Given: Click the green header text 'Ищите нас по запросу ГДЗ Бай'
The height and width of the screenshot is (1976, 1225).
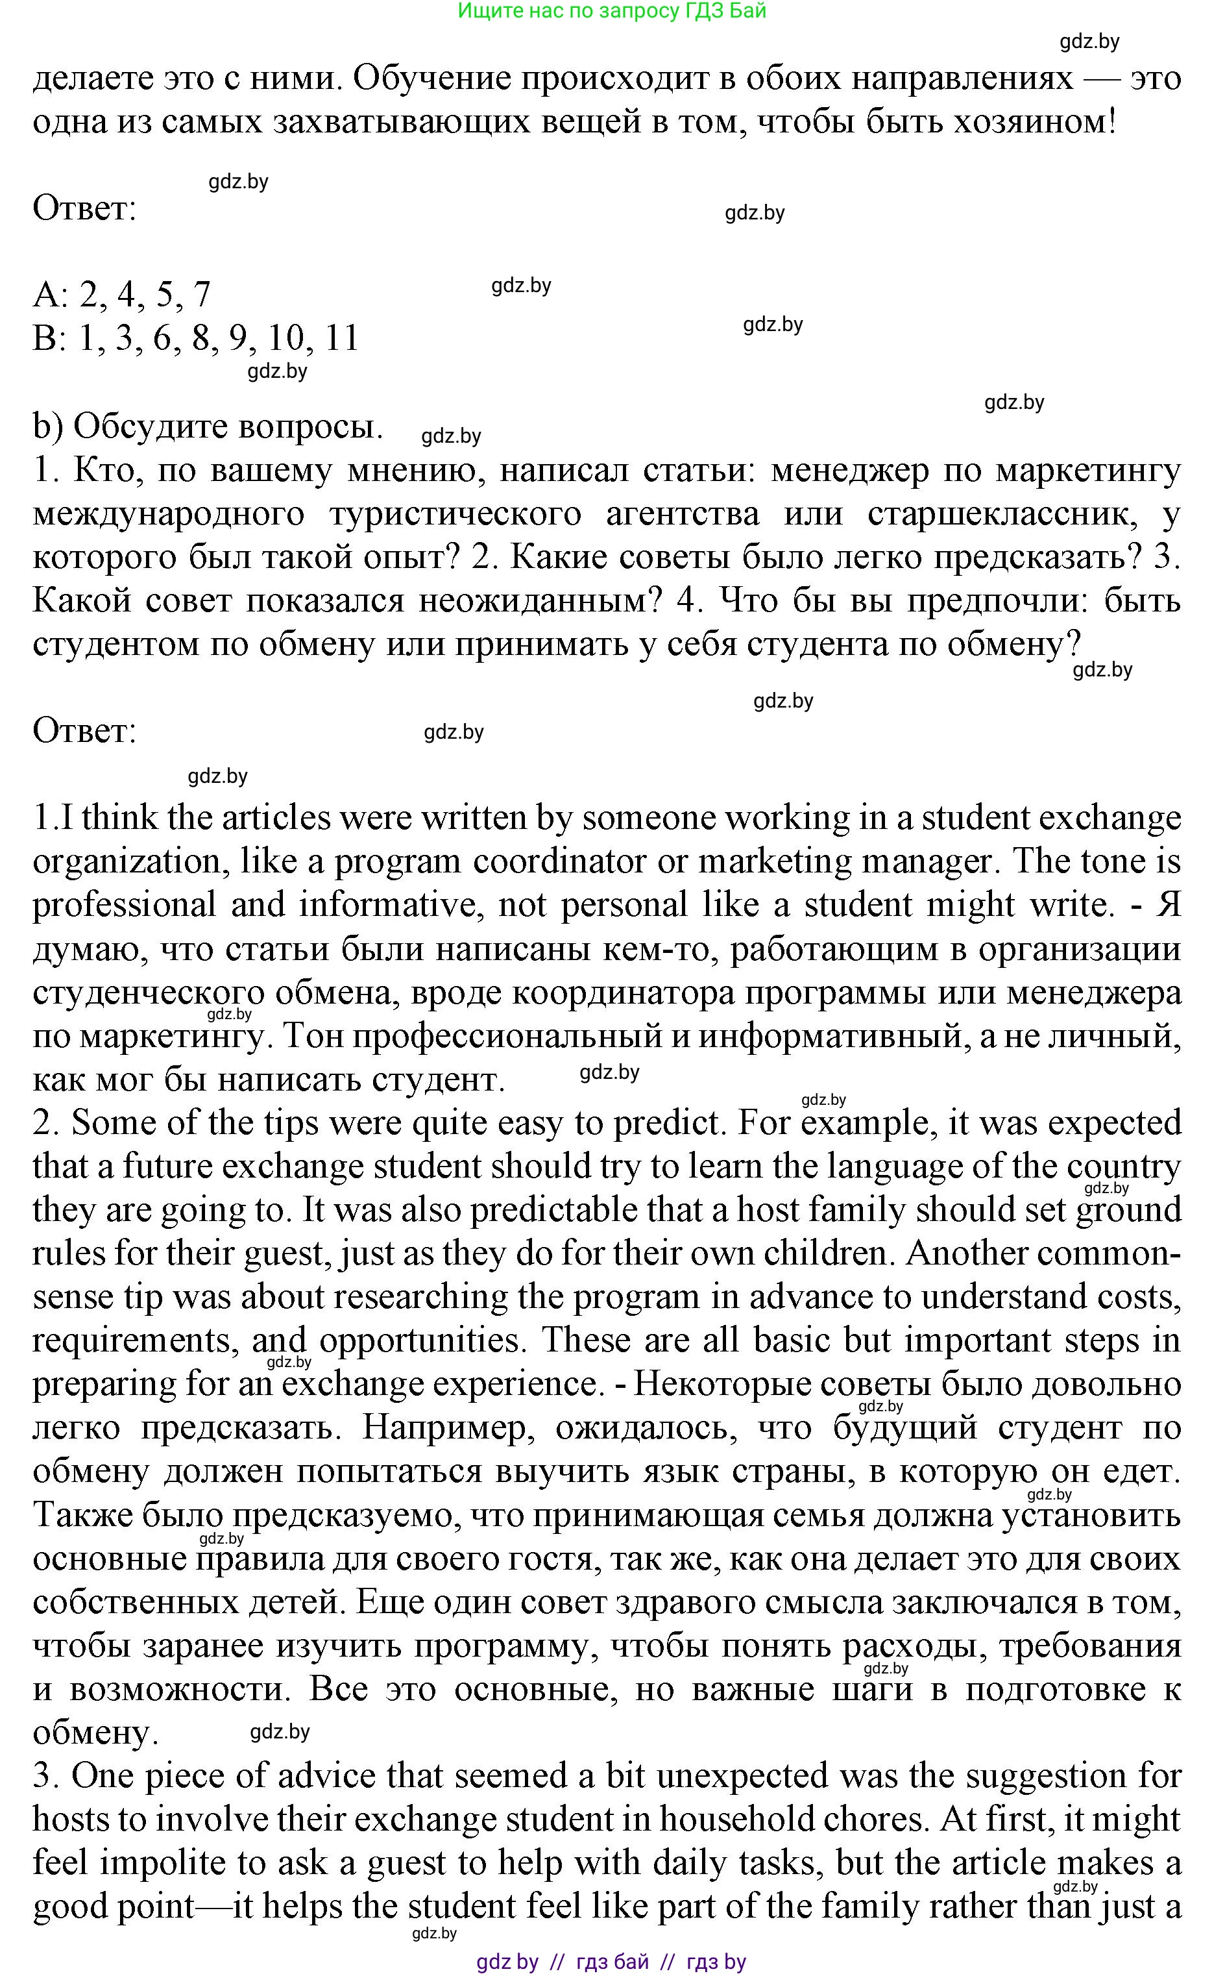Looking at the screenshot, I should click(x=612, y=11).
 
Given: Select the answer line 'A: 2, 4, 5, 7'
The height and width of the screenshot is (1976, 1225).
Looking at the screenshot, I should click(x=121, y=293).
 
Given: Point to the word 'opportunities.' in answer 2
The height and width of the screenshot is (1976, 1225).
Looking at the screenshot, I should click(x=420, y=1340).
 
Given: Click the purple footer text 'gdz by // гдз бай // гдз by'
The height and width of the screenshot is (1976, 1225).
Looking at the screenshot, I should click(x=612, y=1962).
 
